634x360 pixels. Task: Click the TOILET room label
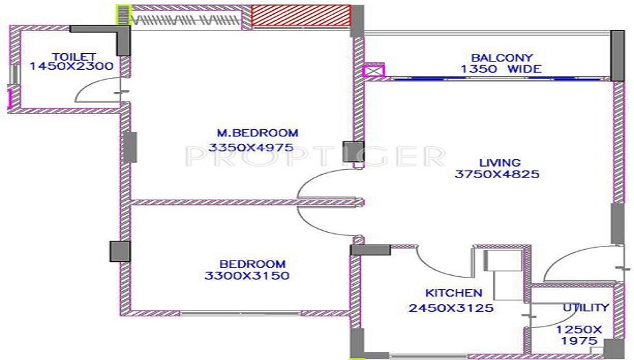[70, 56]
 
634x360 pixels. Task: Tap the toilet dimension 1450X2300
[70, 66]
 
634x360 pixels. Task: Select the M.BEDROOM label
[257, 133]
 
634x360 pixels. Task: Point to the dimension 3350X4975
[251, 148]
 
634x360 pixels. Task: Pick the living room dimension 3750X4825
[497, 174]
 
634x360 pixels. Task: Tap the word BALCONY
[501, 58]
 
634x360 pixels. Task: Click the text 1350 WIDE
[501, 68]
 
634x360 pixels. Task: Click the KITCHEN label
[453, 293]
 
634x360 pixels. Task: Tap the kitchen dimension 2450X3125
[451, 309]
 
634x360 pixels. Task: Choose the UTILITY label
[586, 308]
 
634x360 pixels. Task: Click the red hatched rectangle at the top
[301, 15]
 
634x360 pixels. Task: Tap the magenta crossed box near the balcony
[373, 71]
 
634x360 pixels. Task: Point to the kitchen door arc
[437, 260]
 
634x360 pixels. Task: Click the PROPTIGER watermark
[315, 155]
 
